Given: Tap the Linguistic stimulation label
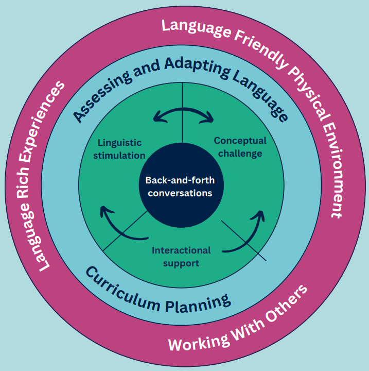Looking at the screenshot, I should pos(119,148).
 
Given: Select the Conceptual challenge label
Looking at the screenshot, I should pos(240,146).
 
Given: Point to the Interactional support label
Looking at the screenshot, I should pos(181,256).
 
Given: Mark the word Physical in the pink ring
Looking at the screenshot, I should pos(304,88).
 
